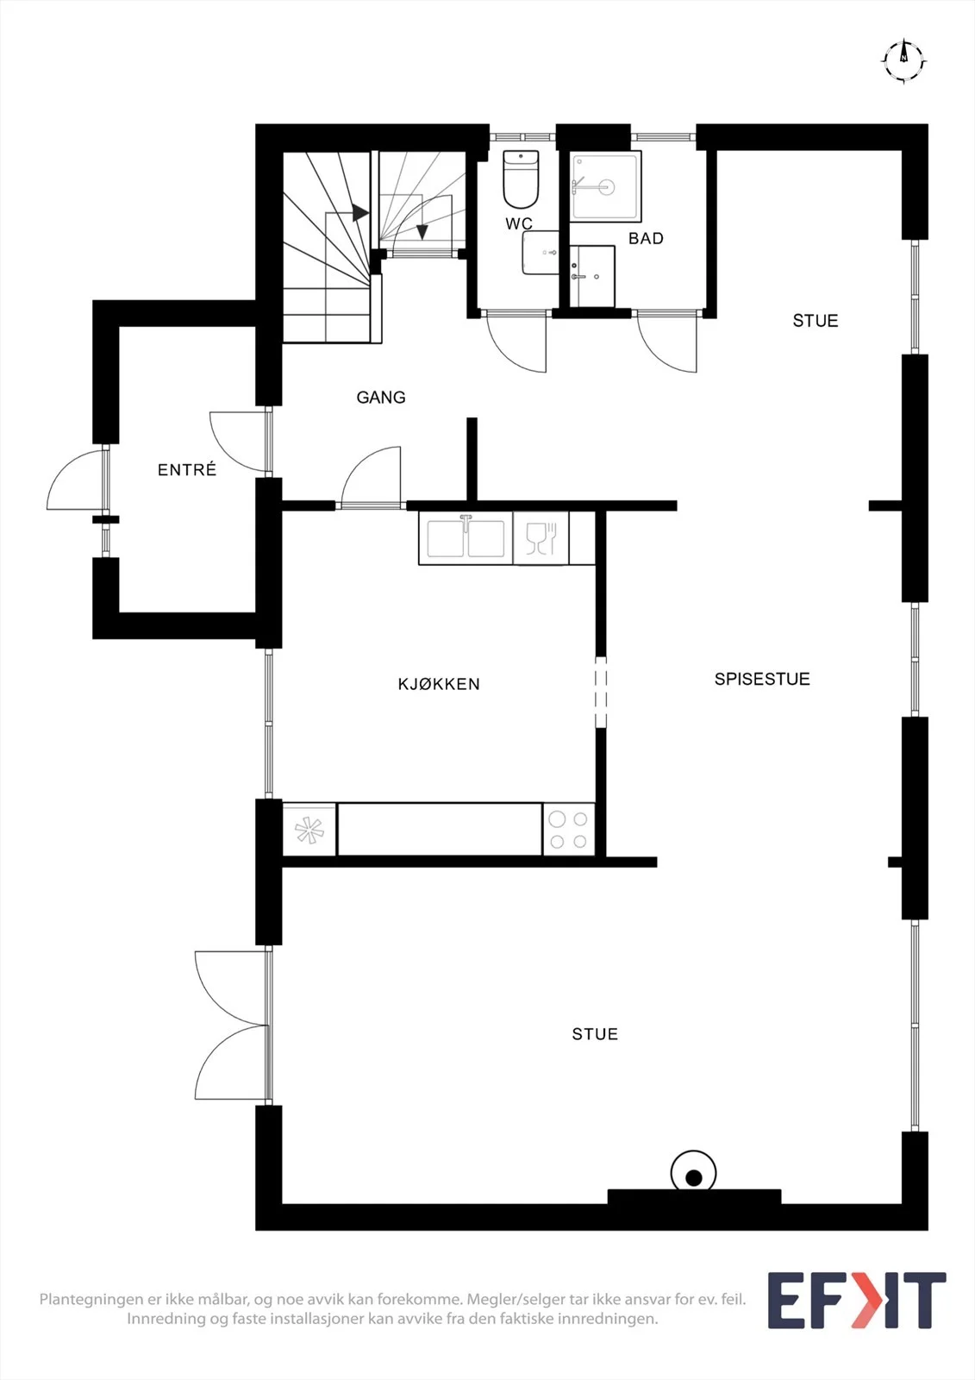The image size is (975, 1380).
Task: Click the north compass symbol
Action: [x=903, y=61]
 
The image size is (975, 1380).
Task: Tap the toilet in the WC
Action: [x=521, y=179]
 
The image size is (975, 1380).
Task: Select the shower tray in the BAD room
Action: [x=605, y=186]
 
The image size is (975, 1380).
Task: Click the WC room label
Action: [x=519, y=223]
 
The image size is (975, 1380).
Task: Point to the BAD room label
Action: [x=646, y=238]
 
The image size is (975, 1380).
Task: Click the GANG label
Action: [x=381, y=398]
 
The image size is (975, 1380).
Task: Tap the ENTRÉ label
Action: [x=186, y=469]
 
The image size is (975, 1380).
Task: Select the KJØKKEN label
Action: [x=439, y=684]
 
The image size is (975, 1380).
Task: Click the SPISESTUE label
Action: [x=762, y=679]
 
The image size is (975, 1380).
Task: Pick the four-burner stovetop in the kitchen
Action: [x=568, y=830]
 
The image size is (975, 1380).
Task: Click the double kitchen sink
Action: [x=466, y=538]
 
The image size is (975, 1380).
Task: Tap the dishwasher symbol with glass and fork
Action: [x=541, y=538]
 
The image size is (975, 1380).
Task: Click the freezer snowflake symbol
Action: [x=309, y=830]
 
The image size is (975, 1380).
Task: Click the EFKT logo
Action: [x=857, y=1300]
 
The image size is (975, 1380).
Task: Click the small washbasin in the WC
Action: [x=541, y=253]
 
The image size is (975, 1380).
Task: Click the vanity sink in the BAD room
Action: [x=592, y=276]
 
